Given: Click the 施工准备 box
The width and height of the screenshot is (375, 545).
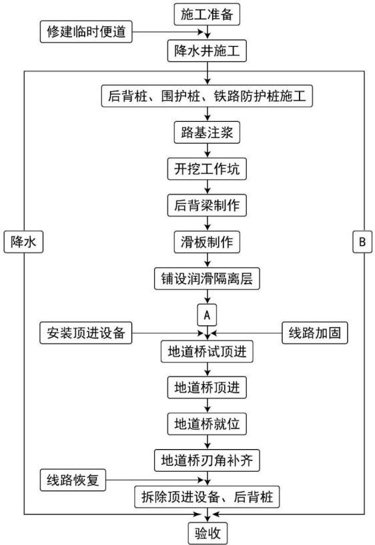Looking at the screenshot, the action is pos(207,14).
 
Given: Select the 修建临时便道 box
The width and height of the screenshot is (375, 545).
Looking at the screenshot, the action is pos(86,31).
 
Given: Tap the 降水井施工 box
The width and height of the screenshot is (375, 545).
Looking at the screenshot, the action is pos(207,51).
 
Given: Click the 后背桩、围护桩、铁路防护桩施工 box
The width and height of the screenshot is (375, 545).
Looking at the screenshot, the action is pos(207,96).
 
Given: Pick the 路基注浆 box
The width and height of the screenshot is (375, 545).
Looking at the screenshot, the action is pos(207,133).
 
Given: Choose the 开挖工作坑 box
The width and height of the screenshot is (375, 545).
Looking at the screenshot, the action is pos(207,169).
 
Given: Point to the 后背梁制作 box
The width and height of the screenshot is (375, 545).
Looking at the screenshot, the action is pos(207,205).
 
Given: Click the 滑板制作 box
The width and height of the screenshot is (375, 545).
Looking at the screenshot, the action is pos(207,242).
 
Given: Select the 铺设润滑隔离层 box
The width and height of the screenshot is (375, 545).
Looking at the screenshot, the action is pos(207,278).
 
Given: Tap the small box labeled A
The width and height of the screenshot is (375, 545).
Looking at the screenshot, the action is pos(207,315).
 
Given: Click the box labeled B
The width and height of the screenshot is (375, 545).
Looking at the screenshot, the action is pos(362,242).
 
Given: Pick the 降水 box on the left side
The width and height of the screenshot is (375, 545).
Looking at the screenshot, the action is pos(23,242).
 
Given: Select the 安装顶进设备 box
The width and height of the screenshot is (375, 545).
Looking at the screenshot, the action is pos(86,333).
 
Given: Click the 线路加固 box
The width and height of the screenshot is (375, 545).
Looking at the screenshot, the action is pos(315,333).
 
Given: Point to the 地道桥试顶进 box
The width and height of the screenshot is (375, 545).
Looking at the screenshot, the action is pos(207,352).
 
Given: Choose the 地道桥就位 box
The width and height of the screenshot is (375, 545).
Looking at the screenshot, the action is pos(207,424).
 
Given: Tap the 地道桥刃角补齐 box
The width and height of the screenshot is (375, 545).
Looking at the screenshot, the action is pos(207,460).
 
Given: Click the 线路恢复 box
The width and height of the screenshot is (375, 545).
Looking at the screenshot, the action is pos(73,480).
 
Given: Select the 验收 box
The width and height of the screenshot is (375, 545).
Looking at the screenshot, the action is pos(208,533).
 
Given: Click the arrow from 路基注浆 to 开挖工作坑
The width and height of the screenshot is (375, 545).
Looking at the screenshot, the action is pos(208,151).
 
